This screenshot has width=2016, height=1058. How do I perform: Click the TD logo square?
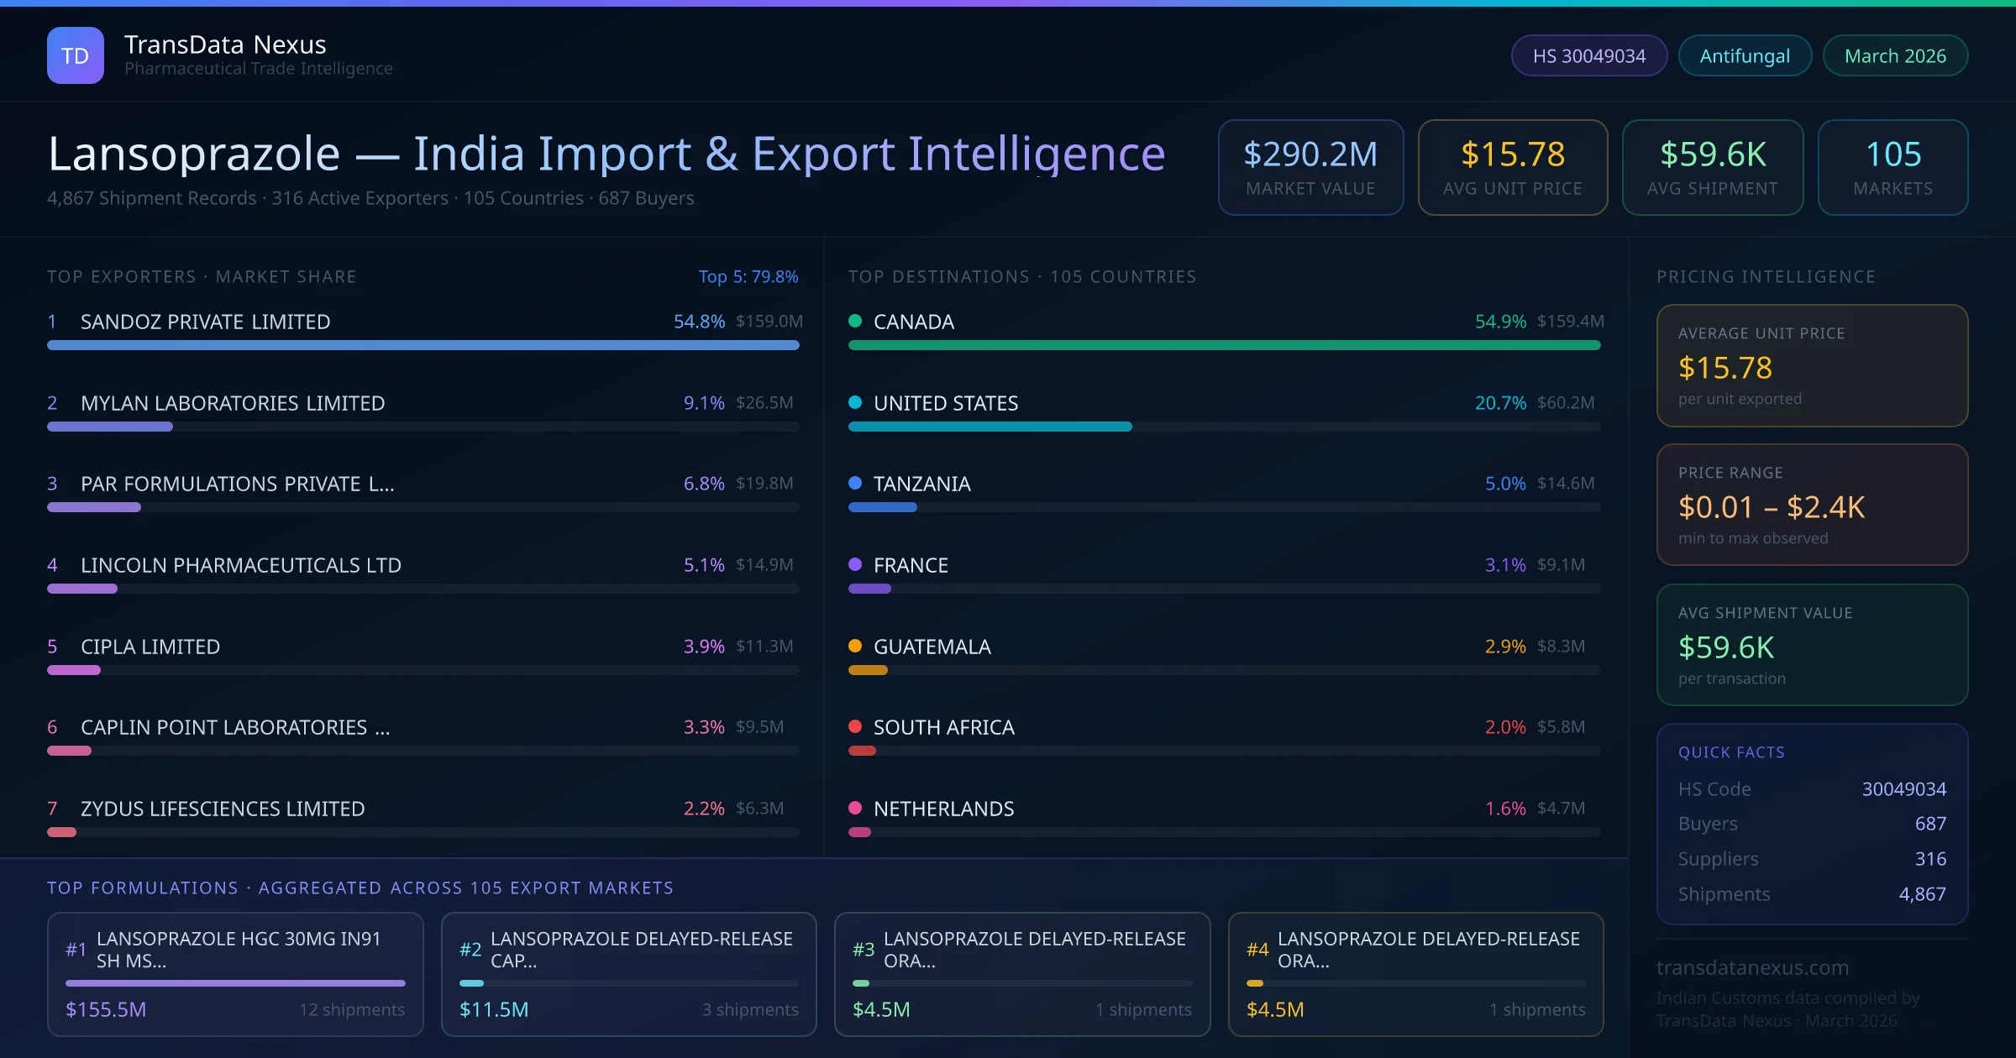(x=76, y=55)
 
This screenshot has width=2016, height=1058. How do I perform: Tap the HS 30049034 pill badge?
(x=1588, y=55)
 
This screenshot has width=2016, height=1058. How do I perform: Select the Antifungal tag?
(x=1745, y=55)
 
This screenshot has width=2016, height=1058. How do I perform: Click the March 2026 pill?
(x=1895, y=55)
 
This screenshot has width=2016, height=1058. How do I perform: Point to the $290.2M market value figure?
(x=1310, y=155)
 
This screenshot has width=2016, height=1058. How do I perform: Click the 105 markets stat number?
(x=1893, y=155)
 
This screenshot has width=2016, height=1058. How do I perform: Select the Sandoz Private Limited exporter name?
(x=205, y=322)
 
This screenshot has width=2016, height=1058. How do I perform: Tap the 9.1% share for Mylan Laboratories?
(x=703, y=403)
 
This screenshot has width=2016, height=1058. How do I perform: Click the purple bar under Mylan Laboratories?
(x=110, y=427)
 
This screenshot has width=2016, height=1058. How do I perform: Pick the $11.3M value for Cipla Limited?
(x=764, y=647)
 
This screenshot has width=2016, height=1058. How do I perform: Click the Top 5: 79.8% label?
(x=748, y=276)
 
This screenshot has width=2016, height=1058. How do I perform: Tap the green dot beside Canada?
(x=855, y=321)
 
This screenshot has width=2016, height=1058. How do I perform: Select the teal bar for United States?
(x=990, y=427)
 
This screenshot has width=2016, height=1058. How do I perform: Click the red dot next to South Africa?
(x=855, y=726)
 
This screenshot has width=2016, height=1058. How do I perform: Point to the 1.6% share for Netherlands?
(x=1504, y=809)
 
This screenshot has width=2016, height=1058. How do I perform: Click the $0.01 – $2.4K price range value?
(x=1771, y=507)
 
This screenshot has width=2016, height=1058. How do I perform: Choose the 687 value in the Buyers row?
(x=1929, y=824)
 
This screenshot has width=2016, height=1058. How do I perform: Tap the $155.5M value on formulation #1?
(x=106, y=1009)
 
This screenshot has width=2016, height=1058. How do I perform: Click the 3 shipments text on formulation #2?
(x=749, y=1009)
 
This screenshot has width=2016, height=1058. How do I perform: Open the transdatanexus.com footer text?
(x=1752, y=967)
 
